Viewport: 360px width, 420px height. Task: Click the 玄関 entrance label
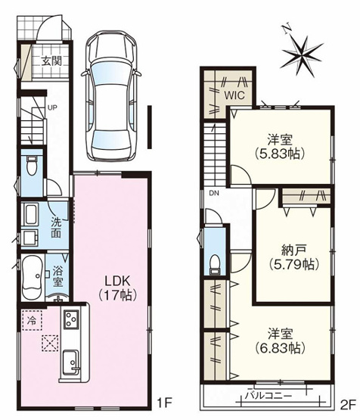tap(51, 61)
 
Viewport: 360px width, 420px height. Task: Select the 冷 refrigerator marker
tap(33, 320)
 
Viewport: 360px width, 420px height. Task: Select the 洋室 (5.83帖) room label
tap(280, 145)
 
